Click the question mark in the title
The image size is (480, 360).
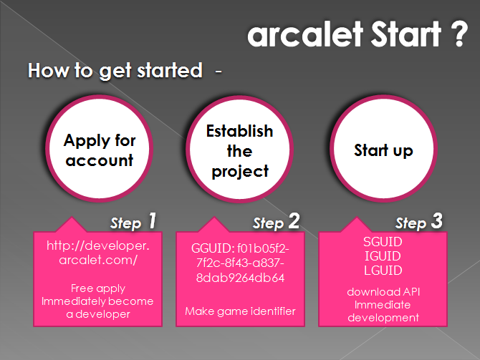click(459, 34)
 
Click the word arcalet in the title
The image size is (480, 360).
click(305, 34)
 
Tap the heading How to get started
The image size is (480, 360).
click(115, 71)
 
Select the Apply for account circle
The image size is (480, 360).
click(99, 149)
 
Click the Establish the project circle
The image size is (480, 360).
click(240, 150)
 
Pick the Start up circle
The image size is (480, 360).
click(383, 149)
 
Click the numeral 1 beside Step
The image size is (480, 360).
click(152, 221)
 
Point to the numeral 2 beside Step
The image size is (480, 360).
click(294, 221)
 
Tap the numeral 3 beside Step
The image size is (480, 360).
click(437, 221)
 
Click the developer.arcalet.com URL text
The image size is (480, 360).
click(98, 253)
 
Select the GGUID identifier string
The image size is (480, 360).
click(240, 263)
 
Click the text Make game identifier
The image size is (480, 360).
click(240, 311)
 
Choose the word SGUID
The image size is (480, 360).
click(383, 242)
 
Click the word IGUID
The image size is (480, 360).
click(383, 256)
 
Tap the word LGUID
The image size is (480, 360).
click(383, 271)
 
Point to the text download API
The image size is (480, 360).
click(383, 292)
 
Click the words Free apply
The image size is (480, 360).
click(98, 288)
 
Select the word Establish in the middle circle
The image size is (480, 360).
click(240, 131)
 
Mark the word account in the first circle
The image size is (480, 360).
click(99, 160)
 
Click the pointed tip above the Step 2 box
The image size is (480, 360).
click(214, 217)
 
